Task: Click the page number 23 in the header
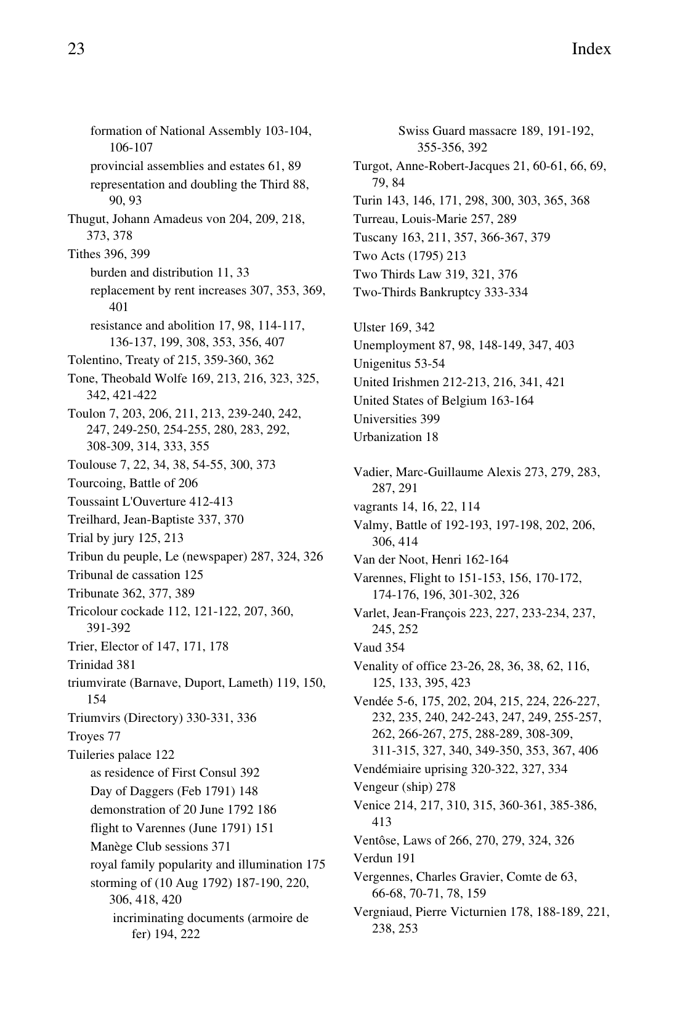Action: tap(76, 49)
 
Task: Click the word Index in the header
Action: tap(591, 49)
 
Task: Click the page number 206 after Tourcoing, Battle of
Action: tap(188, 484)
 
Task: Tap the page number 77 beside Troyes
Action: tap(114, 737)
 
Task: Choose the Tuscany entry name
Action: tap(374, 238)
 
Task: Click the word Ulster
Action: tap(368, 328)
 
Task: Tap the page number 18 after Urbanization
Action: tap(431, 437)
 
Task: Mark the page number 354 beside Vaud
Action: tap(394, 648)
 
